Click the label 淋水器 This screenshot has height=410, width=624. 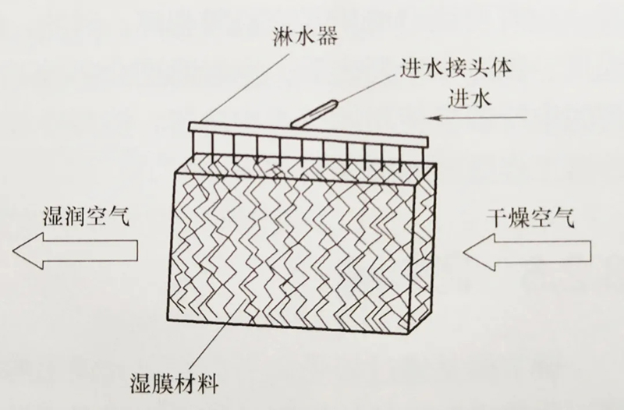305,37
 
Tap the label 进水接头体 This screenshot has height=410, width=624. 456,69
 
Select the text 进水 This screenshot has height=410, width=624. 470,98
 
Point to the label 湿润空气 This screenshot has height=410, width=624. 87,217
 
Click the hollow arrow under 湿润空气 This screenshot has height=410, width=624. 75,250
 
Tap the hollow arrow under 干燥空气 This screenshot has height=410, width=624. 527,252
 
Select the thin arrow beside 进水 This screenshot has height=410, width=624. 477,118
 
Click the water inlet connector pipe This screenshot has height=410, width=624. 314,115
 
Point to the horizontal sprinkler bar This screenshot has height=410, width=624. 308,133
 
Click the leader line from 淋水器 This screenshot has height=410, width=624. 243,88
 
